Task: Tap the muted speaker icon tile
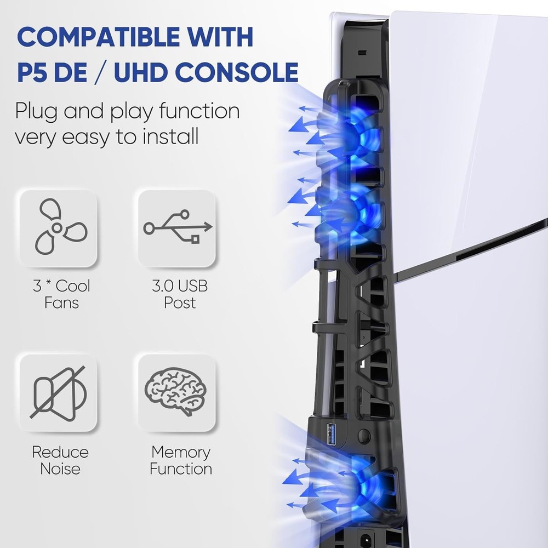coord(59,392)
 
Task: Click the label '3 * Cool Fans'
coord(61,294)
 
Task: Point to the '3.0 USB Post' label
coord(180,294)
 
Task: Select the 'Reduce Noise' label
coord(60,460)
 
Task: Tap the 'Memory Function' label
coord(181,460)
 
